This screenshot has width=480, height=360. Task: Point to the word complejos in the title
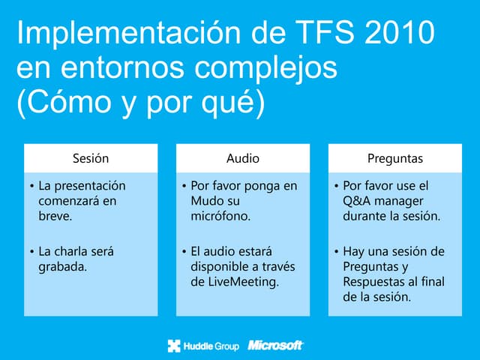point(265,69)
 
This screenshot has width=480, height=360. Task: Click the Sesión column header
point(91,158)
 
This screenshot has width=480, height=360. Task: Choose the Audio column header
point(243,158)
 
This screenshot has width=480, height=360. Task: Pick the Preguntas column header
point(395,158)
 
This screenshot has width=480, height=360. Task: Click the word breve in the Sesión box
point(55,217)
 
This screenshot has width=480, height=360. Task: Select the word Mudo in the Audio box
point(207,201)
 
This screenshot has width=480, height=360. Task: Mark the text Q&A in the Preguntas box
point(356,201)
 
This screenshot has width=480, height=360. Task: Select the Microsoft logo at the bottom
point(275,345)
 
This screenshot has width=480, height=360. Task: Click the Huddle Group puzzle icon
point(175,345)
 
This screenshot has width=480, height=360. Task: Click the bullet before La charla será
point(31,251)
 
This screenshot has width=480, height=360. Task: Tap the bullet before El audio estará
point(184,251)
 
